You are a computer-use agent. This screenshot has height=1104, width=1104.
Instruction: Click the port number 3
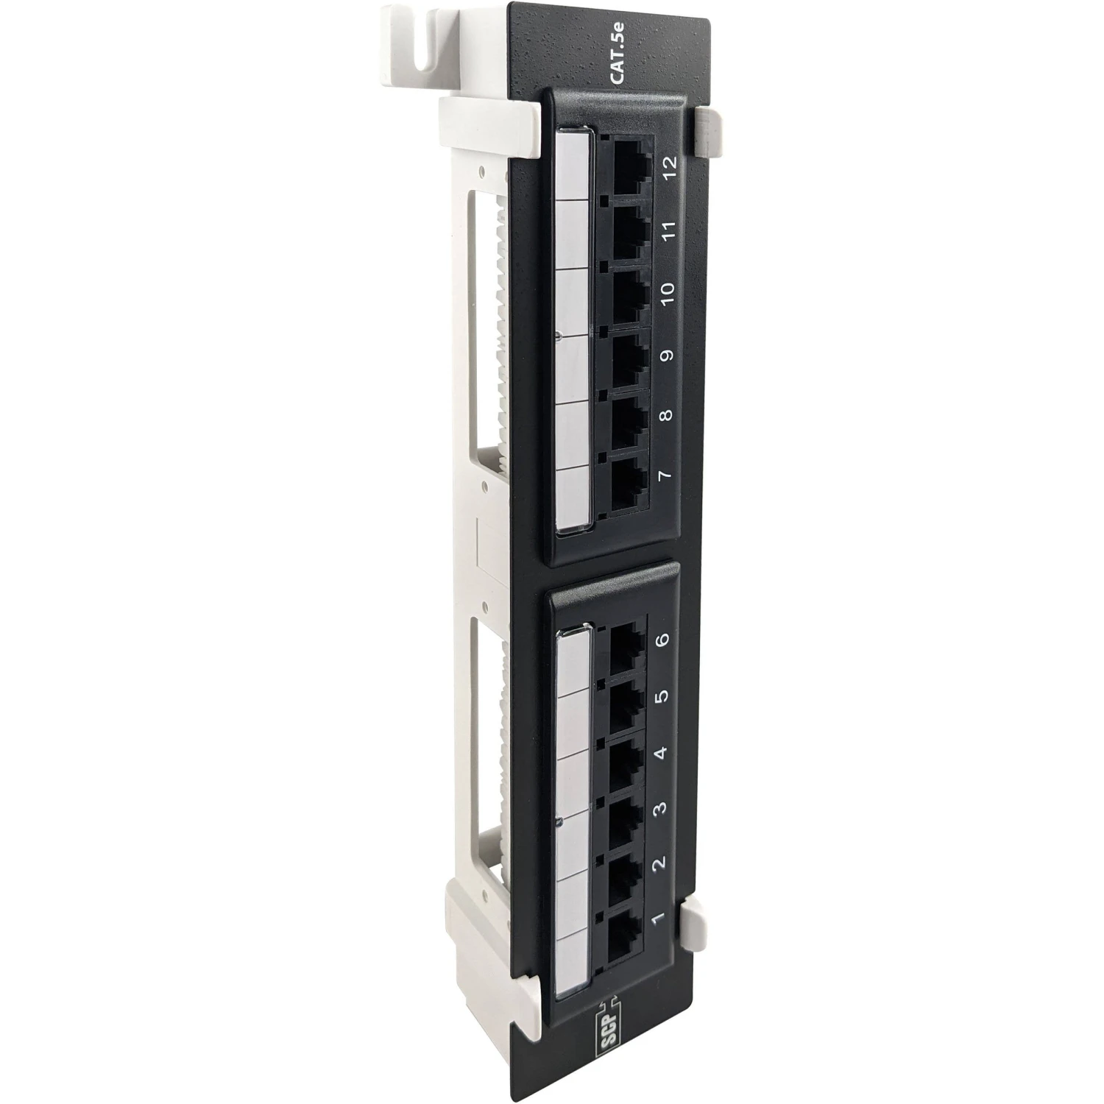(x=660, y=807)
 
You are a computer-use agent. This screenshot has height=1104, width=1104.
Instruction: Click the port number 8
(x=666, y=416)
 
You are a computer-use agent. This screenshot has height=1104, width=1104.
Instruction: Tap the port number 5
(x=662, y=696)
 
